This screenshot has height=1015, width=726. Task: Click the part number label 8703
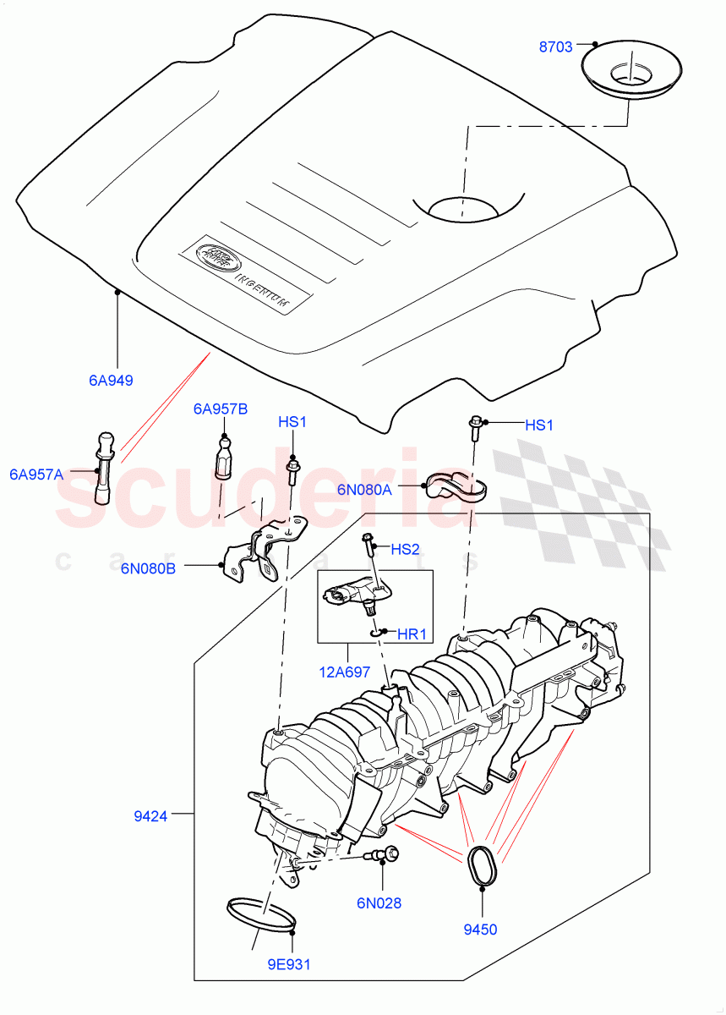[x=557, y=48]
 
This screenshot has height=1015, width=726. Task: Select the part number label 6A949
[x=111, y=380]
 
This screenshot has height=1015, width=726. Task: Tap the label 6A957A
[x=36, y=475]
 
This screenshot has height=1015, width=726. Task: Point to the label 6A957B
[x=221, y=409]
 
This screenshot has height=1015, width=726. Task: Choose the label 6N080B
[x=148, y=568]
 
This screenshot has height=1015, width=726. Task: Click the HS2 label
[x=406, y=549]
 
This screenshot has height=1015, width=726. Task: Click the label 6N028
[x=379, y=903]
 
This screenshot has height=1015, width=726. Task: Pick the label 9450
[x=481, y=929]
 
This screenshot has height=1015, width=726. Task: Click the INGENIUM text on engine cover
[x=262, y=289]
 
